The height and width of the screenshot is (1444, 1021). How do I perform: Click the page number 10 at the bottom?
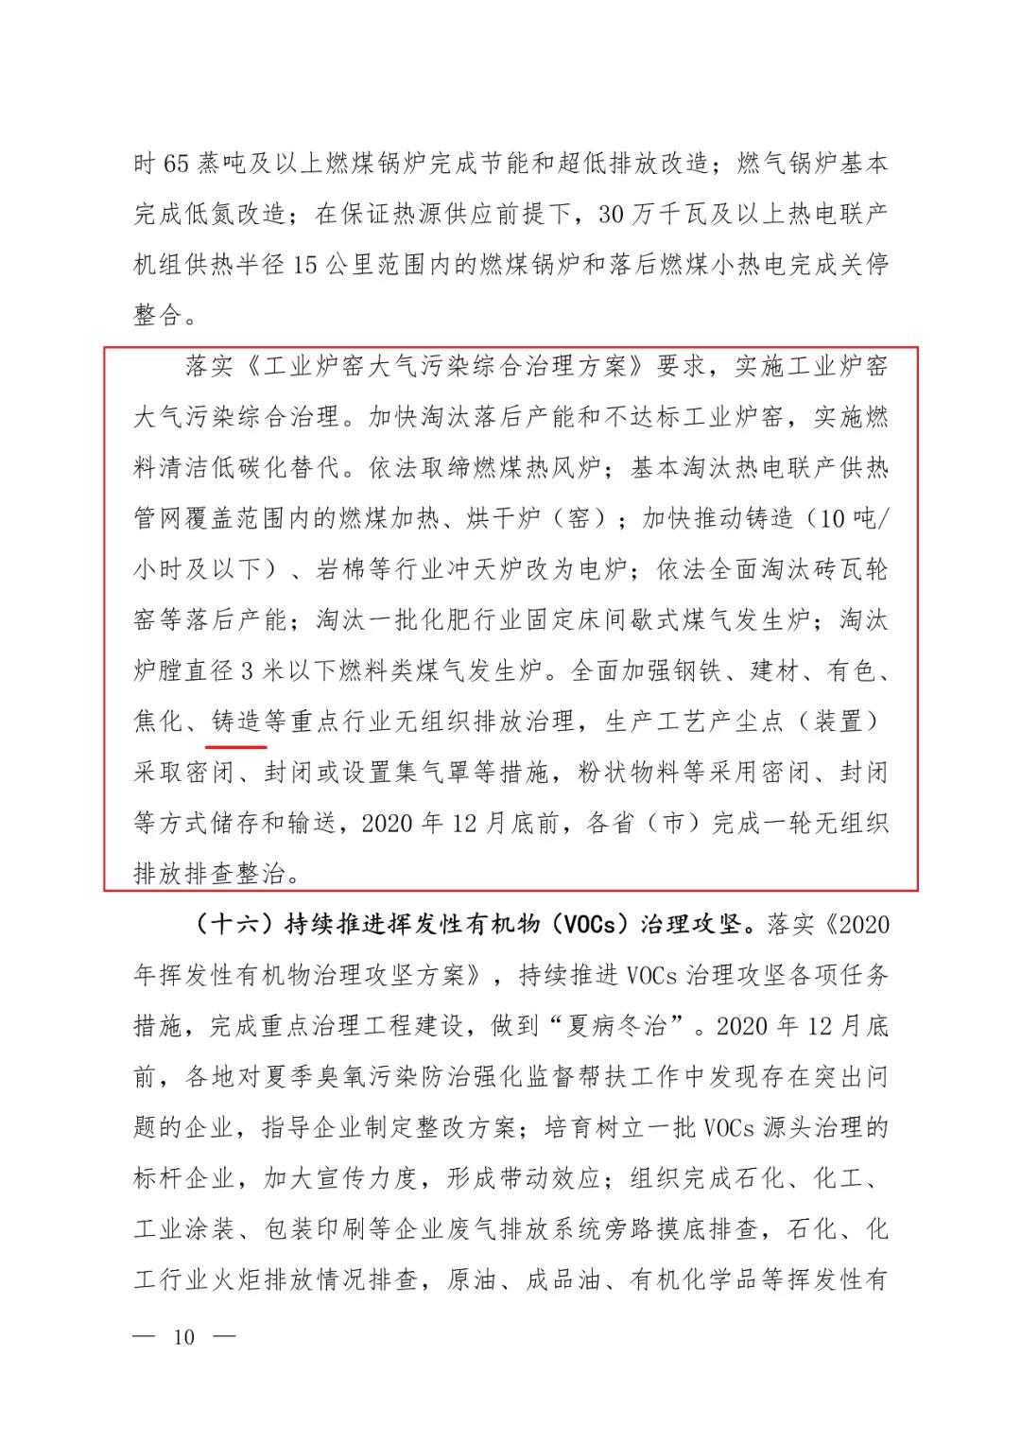(183, 1337)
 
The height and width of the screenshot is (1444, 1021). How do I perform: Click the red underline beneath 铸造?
(235, 745)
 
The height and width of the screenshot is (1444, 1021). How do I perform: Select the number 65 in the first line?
(177, 164)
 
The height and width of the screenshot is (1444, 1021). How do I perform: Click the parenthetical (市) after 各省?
(672, 823)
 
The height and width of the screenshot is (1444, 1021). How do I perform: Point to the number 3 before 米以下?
(248, 671)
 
